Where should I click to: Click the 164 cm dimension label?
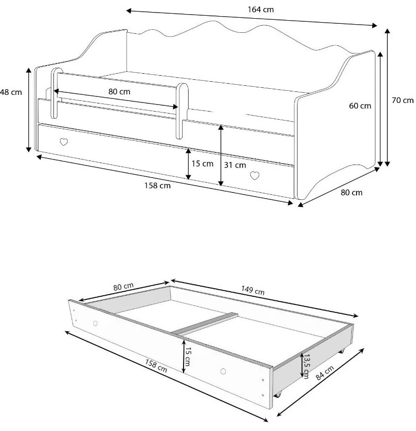[261, 10]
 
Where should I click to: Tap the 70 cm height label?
[402, 100]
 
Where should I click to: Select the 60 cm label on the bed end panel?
[360, 106]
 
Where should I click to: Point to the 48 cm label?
[11, 92]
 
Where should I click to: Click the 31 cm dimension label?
[235, 165]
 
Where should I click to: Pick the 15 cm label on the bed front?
[202, 164]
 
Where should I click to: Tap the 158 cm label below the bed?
[158, 186]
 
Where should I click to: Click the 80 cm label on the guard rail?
[119, 91]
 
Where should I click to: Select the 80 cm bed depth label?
[351, 192]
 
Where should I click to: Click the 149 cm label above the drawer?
[253, 290]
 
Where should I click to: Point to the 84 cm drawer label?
[325, 373]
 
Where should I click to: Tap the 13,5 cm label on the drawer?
[307, 366]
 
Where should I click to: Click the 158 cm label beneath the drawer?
[156, 365]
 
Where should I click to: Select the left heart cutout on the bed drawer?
[64, 142]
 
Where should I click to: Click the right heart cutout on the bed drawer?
[255, 176]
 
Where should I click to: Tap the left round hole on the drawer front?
[95, 323]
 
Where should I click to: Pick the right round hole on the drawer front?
[223, 371]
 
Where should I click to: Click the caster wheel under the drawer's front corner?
[278, 395]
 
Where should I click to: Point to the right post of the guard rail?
[182, 111]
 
